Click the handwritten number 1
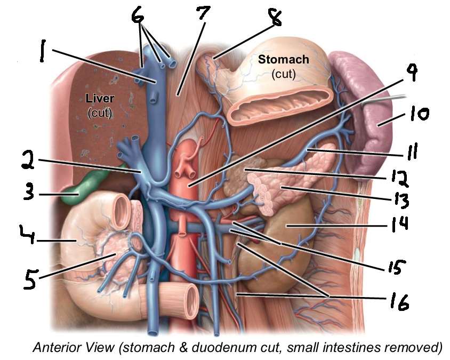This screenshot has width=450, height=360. (43, 51)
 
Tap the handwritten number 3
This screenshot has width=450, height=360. (29, 191)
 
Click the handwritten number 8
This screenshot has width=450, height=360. (275, 17)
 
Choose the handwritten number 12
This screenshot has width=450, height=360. (400, 178)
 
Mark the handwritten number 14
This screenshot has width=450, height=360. (400, 224)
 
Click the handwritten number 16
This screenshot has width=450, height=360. (399, 301)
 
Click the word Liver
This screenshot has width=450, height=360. (100, 99)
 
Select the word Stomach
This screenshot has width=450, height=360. (284, 59)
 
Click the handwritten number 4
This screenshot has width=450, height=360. (27, 234)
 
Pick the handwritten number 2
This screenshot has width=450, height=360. (28, 160)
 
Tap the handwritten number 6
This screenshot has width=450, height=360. (138, 14)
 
